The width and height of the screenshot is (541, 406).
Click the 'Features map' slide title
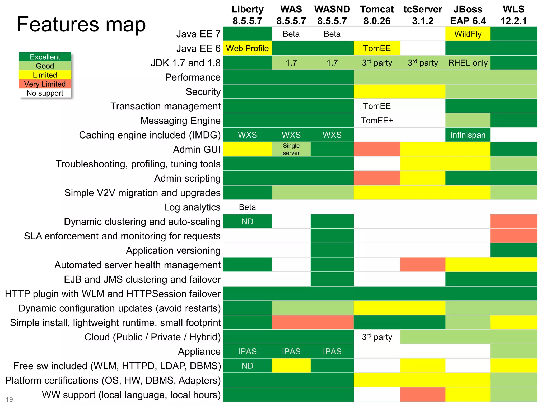click(x=81, y=24)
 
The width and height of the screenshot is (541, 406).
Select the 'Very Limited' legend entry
click(x=45, y=84)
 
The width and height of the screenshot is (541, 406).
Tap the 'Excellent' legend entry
click(x=45, y=57)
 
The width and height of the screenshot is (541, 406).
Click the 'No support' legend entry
click(x=45, y=93)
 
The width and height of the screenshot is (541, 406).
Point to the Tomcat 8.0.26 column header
click(x=377, y=15)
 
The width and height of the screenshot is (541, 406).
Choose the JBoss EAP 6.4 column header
click(x=468, y=15)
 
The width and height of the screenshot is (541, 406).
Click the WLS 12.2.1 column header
click(x=513, y=15)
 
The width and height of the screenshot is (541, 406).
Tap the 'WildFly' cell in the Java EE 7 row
click(x=468, y=34)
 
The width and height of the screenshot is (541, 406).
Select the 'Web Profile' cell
click(x=247, y=48)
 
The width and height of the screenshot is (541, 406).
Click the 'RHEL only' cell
click(x=468, y=63)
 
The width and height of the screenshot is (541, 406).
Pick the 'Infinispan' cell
click(x=468, y=135)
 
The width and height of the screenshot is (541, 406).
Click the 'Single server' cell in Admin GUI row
click(x=291, y=149)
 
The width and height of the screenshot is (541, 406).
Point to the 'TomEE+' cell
click(x=377, y=121)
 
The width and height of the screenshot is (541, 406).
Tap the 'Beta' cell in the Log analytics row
click(x=247, y=207)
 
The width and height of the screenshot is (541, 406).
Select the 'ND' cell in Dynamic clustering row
click(x=247, y=222)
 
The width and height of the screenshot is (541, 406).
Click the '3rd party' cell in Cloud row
click(x=377, y=337)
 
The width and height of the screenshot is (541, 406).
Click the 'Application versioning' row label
click(x=173, y=251)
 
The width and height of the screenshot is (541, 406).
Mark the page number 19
click(x=9, y=399)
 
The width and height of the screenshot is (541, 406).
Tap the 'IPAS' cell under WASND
click(x=332, y=352)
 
